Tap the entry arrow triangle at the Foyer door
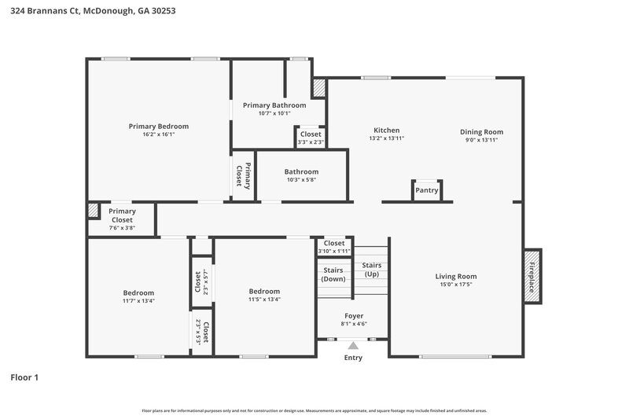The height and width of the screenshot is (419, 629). coord(353,344)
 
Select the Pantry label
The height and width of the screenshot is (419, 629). coord(426,189)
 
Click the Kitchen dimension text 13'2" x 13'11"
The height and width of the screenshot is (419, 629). coord(386,138)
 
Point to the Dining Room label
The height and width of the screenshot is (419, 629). coord(481,131)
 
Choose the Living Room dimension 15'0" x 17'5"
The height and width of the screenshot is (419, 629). coord(456,285)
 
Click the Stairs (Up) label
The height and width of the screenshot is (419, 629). coord(371,270)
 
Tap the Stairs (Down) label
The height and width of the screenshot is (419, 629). coord(333,274)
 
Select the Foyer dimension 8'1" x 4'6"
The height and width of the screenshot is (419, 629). coord(353,323)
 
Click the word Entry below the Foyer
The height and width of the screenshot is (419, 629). coord(353,358)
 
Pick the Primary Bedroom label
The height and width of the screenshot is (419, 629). coord(159,126)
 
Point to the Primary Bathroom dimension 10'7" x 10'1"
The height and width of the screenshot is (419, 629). coord(274,113)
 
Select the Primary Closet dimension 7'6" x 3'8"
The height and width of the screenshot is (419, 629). coord(122,228)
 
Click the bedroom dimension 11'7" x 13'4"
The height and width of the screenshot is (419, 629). coord(138,300)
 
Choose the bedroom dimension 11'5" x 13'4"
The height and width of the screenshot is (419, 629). coord(264,299)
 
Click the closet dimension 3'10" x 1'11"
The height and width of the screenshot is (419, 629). coord(333,251)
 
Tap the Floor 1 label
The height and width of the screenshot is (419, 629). coord(24,377)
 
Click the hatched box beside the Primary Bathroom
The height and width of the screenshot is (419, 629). coord(319,88)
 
